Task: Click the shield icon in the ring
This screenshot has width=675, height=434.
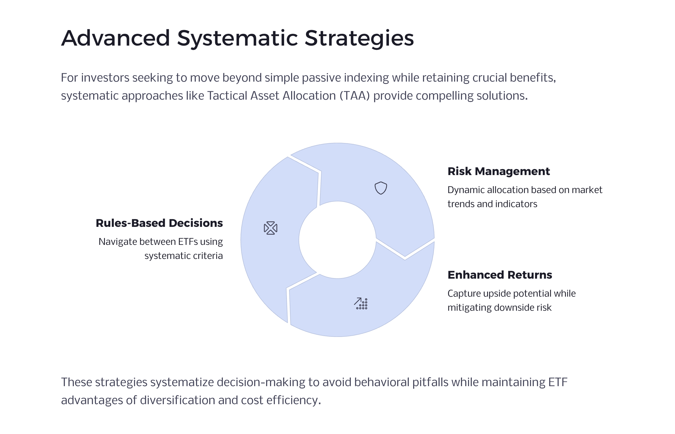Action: point(381,188)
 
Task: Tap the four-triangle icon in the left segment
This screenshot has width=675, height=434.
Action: point(270,228)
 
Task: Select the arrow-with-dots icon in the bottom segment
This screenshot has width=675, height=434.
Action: point(361,303)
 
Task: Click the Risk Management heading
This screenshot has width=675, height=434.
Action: point(498,171)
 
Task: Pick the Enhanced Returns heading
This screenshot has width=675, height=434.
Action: point(499,275)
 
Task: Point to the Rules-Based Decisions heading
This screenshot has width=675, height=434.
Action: point(159,223)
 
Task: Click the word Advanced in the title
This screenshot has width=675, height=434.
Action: point(116,38)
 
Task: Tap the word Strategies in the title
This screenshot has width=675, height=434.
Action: point(359,38)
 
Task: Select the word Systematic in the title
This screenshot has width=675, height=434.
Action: point(237,38)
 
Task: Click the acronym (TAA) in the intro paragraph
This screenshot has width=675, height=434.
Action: point(355,96)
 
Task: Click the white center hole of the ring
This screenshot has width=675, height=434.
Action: point(337,240)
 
